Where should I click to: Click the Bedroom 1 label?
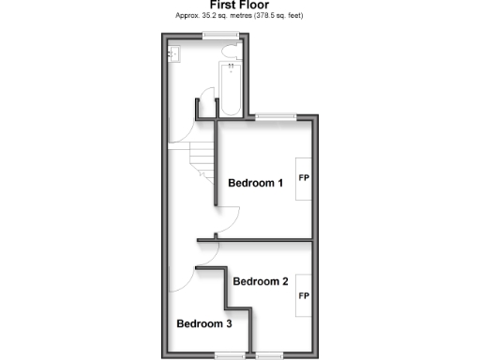click(256, 183)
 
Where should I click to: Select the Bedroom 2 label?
click(261, 281)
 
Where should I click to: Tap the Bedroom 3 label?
click(204, 324)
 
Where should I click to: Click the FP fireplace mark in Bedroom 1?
click(304, 177)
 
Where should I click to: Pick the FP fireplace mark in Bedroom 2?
click(304, 296)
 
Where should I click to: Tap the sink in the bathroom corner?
click(174, 54)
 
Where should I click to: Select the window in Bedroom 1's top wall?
click(273, 116)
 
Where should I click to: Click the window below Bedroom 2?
click(273, 355)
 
